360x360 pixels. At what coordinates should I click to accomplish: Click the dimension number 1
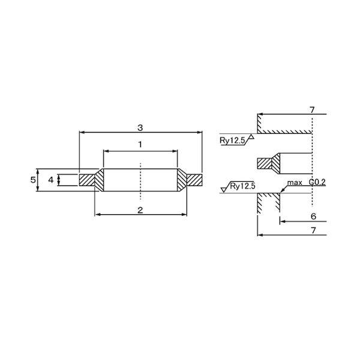click(x=140, y=145)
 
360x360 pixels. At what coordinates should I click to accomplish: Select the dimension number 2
click(x=140, y=210)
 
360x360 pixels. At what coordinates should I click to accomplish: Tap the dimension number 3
click(x=140, y=128)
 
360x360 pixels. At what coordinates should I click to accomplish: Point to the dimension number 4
click(x=51, y=180)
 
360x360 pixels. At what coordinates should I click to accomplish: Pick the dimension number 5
click(x=33, y=180)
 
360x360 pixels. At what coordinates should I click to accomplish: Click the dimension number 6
click(x=313, y=216)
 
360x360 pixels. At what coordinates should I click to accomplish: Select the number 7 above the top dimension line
click(x=312, y=110)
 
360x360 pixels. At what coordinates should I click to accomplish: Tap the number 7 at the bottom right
click(x=313, y=230)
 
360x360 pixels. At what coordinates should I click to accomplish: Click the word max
click(x=295, y=183)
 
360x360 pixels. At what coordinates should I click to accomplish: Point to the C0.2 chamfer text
click(x=317, y=182)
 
